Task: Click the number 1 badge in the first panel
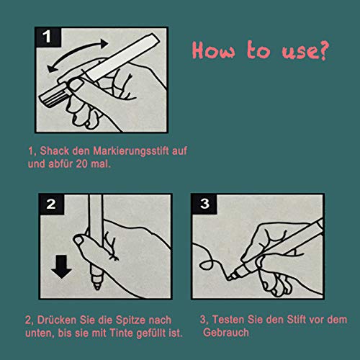pos(48,37)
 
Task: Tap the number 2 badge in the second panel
pos(52,204)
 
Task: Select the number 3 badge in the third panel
pos(204,204)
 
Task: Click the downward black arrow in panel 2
pos(61,266)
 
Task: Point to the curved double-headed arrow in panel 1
pos(76,53)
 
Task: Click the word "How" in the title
pos(213,50)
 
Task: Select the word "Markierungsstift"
pos(131,151)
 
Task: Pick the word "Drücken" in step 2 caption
pos(58,320)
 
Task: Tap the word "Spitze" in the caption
pos(130,320)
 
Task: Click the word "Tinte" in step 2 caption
pos(121,333)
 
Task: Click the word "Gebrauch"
pos(226,333)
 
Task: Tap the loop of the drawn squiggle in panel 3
pos(206,265)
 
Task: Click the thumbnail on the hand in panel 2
pos(78,240)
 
